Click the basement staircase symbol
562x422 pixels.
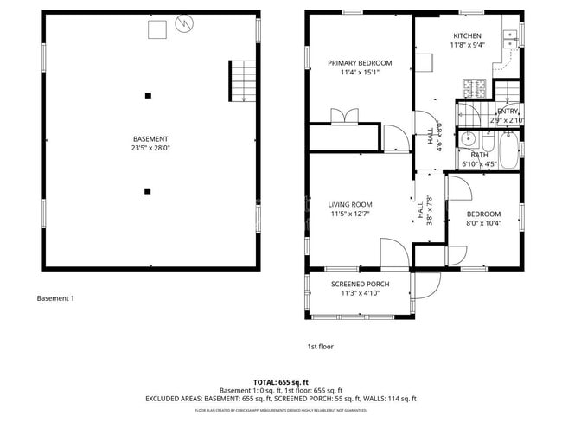coord(242,80)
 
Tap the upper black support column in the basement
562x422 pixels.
coord(148,95)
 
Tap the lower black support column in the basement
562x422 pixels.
coord(148,190)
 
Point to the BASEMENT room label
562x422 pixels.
coord(150,139)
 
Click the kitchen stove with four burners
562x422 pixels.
coord(475,88)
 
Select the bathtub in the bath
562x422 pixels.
coord(509,149)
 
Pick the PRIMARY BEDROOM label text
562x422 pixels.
coord(359,63)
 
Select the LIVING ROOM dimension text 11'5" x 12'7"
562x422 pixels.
coord(350,214)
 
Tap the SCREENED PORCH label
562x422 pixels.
coord(360,284)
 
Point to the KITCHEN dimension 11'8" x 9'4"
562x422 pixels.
coord(467,45)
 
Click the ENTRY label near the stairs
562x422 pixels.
coord(508,112)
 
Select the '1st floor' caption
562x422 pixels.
coord(320,347)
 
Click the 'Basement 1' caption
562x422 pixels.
coord(55,299)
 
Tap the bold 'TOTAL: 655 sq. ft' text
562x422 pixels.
coord(280,381)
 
